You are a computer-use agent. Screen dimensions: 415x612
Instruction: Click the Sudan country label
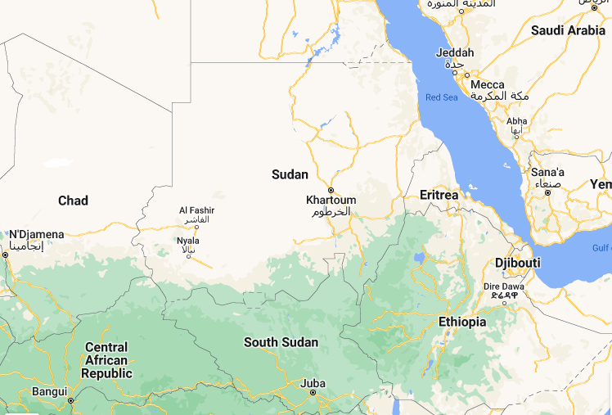point(290,174)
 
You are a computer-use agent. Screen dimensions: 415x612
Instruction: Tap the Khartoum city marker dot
point(331,190)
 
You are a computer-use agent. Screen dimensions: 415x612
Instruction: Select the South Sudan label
point(281,342)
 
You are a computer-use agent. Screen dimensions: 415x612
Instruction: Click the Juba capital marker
point(313,393)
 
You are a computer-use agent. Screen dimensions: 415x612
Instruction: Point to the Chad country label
point(73,201)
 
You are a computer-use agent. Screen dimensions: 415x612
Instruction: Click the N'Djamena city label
point(36,235)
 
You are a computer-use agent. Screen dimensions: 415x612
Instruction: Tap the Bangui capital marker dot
point(71,400)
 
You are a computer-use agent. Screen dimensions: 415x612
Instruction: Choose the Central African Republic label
point(106,360)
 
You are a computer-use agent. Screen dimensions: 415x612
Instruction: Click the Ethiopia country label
point(462,322)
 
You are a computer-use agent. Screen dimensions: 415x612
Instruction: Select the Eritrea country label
point(439,195)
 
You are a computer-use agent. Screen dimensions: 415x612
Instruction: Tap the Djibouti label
point(518,262)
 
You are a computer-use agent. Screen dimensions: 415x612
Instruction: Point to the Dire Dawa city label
point(503,287)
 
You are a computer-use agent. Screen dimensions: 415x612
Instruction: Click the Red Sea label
point(442,98)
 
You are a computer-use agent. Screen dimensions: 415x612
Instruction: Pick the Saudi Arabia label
point(568,30)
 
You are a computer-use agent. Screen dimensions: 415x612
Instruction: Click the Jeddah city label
point(455,53)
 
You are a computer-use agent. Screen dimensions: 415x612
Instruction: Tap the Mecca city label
point(488,84)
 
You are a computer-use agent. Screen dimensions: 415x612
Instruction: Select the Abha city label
point(517,121)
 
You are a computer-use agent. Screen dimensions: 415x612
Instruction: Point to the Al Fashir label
point(196,211)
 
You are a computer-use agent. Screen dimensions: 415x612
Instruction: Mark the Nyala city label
point(187,241)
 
